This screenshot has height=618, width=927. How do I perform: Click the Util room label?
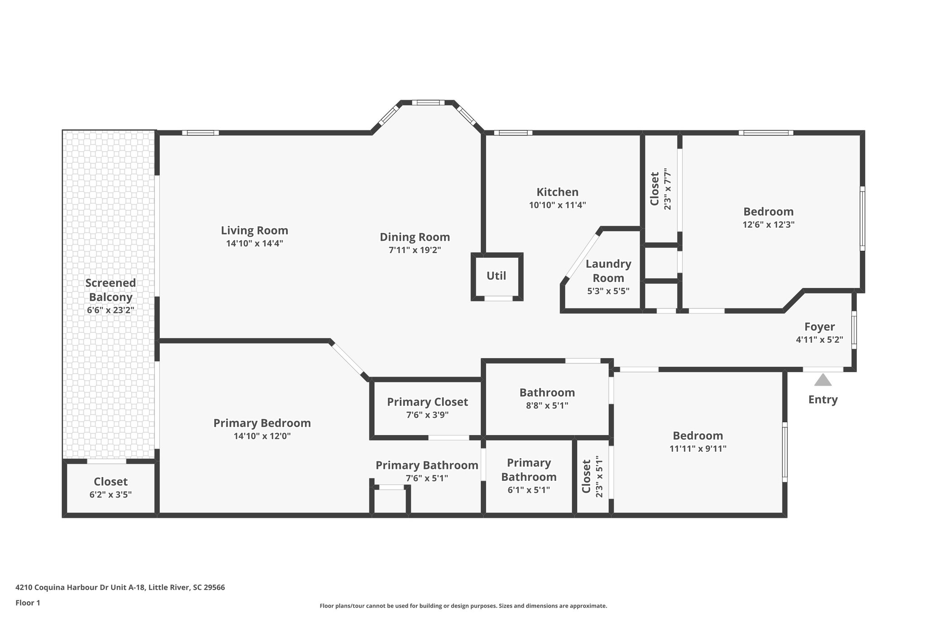(x=496, y=276)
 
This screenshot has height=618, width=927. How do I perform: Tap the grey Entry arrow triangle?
(x=822, y=380)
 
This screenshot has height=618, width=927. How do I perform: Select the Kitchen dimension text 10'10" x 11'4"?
(x=557, y=205)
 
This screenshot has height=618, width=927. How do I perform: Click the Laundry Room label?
(x=608, y=271)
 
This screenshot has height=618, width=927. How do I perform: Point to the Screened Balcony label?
(x=110, y=290)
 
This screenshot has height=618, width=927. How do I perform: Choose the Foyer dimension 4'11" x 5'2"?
(x=819, y=340)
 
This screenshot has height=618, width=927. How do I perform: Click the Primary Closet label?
(x=427, y=402)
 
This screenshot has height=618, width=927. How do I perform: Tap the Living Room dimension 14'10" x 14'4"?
(x=254, y=244)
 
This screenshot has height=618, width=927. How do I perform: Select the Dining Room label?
(x=415, y=237)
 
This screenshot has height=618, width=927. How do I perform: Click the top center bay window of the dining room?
(x=428, y=103)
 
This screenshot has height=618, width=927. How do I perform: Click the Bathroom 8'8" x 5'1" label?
(x=547, y=393)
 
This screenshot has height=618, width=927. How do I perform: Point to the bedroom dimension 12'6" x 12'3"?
(x=769, y=225)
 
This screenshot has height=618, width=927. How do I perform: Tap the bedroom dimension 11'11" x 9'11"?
(x=698, y=449)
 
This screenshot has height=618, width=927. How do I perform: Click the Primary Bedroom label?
(x=262, y=423)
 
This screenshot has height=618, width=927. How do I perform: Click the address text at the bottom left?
(x=120, y=587)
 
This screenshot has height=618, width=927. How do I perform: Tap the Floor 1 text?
(x=28, y=603)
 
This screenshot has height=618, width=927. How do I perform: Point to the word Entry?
(x=822, y=399)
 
